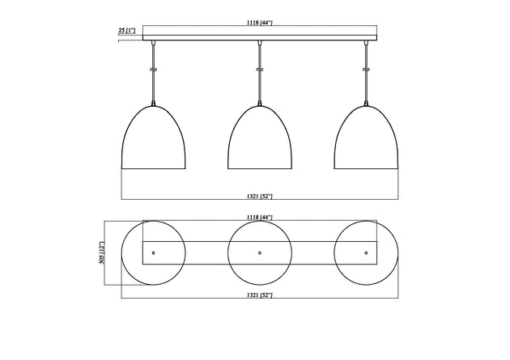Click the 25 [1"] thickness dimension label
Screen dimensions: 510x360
click(127, 30)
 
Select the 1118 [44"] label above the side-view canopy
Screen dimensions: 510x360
click(260, 23)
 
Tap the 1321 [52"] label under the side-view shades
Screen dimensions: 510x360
click(260, 196)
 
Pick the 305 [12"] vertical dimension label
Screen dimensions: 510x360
click(102, 252)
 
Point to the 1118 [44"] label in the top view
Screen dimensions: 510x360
click(260, 217)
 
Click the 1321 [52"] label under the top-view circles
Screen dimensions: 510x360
click(260, 295)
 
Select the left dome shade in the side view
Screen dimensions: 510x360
click(154, 137)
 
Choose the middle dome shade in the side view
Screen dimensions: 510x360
click(260, 137)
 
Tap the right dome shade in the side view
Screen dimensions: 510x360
click(366, 137)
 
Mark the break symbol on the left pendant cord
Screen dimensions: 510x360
click(154, 70)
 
